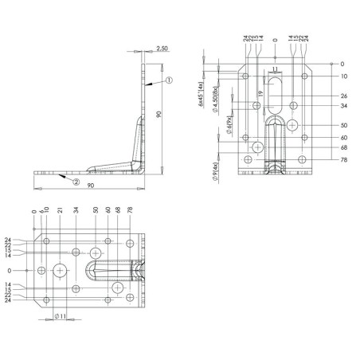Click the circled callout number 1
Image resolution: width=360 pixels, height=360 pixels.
click(x=169, y=80)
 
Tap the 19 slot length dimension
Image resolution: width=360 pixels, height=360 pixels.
click(x=260, y=93)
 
